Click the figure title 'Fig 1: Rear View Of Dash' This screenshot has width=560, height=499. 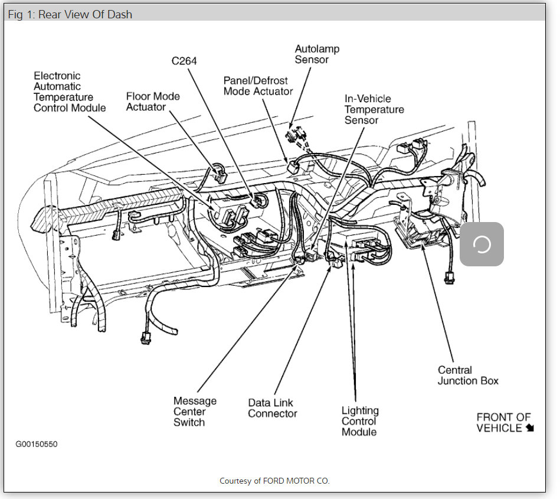[x=70, y=14]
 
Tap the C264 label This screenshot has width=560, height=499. [x=184, y=61]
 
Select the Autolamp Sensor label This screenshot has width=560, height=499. [x=317, y=54]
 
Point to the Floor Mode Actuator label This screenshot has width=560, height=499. [x=153, y=102]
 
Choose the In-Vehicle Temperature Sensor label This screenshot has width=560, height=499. [x=374, y=109]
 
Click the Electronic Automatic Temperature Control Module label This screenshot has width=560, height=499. [x=70, y=92]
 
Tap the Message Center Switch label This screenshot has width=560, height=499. [x=195, y=412]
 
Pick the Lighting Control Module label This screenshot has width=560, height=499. [x=360, y=421]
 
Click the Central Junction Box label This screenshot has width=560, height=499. [x=467, y=376]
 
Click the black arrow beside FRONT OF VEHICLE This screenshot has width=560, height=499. [x=530, y=428]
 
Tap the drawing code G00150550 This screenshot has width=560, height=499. [x=37, y=443]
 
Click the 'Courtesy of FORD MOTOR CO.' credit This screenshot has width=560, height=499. [x=274, y=481]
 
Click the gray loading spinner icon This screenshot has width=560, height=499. [x=482, y=244]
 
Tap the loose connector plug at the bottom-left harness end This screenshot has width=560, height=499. [x=145, y=338]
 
